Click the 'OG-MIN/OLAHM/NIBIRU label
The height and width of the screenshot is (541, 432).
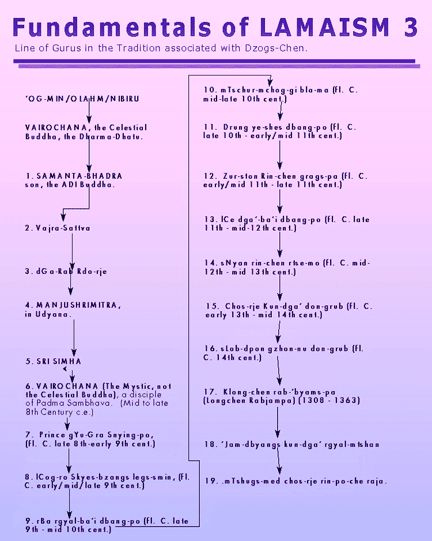click(82, 99)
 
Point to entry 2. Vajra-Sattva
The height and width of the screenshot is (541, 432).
click(58, 228)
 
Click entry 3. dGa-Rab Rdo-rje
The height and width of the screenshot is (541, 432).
click(66, 272)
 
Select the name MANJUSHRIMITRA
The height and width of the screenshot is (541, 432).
click(77, 305)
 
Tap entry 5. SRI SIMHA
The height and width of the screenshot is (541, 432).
click(54, 361)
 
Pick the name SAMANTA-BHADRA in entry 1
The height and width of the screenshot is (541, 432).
click(79, 176)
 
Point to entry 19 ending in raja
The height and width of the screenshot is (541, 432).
click(296, 481)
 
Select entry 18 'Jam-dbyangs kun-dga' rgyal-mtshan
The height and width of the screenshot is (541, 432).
click(292, 444)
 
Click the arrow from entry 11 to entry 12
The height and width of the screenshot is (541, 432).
click(280, 155)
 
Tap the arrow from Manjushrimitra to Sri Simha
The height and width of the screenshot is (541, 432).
click(74, 338)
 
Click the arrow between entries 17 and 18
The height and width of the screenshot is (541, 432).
click(278, 422)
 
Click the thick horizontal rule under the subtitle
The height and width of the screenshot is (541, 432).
click(214, 61)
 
